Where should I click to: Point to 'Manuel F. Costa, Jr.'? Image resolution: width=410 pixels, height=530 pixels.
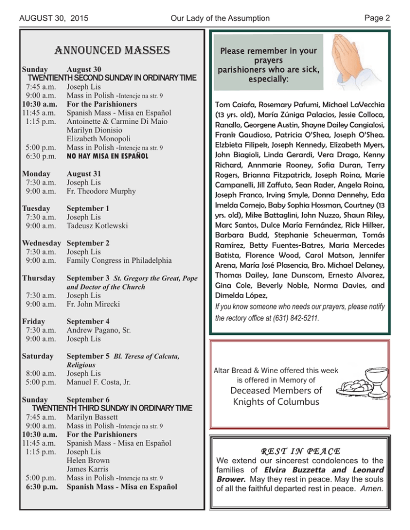[x=101, y=382]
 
